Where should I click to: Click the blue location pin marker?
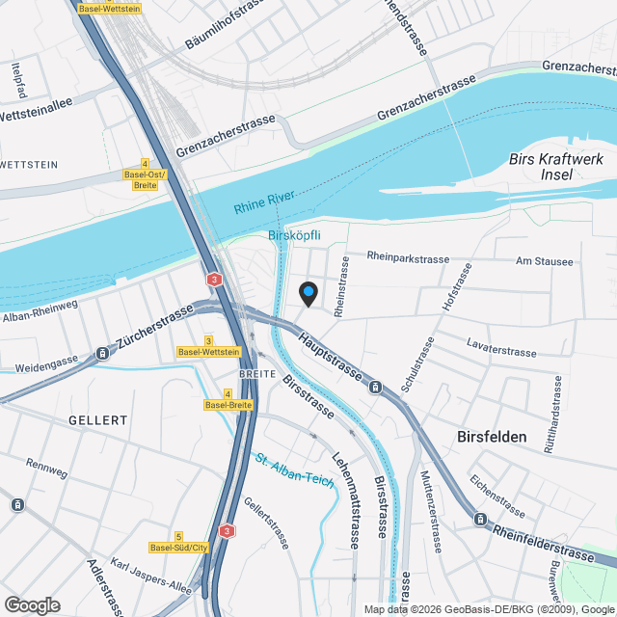(308, 292)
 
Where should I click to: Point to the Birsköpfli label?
(293, 236)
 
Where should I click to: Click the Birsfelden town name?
(492, 437)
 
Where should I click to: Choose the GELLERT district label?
(98, 420)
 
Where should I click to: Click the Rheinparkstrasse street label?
(409, 257)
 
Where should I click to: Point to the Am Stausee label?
(544, 261)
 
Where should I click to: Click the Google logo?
(32, 604)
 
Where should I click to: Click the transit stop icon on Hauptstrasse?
(374, 388)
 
